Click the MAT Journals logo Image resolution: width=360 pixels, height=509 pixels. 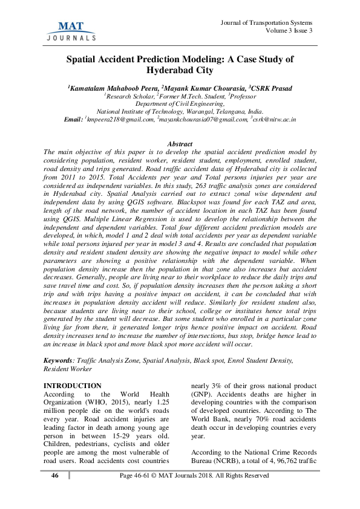pyautogui.click(x=71, y=30)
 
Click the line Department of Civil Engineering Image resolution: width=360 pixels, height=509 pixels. pyautogui.click(x=180, y=104)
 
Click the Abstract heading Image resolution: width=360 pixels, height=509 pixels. pyautogui.click(x=180, y=144)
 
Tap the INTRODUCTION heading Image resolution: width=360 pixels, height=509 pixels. pyautogui.click(x=73, y=386)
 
